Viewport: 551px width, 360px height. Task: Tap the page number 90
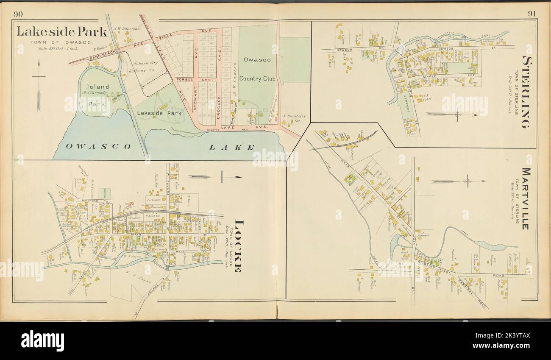18,14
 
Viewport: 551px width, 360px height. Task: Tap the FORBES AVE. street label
183,79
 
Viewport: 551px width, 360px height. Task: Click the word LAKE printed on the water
231,147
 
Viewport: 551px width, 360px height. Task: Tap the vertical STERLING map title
526,91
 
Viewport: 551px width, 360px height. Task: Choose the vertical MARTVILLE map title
526,198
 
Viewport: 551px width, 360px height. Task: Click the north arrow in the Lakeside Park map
39,85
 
